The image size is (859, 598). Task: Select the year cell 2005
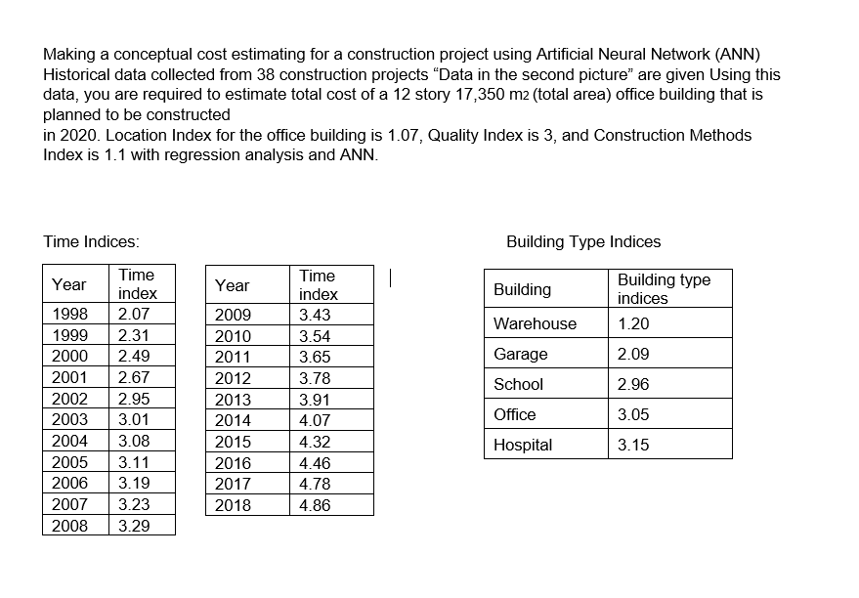68,462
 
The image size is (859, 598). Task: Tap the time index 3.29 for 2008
133,526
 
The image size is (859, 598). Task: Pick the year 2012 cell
233,378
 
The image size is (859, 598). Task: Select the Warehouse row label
535,323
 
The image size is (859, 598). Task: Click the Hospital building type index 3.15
633,445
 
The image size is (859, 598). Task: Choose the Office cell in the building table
515,414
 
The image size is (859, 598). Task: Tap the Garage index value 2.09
633,354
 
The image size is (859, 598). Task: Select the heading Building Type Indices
583,241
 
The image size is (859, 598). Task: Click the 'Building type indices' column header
664,289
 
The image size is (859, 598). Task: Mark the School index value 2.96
633,384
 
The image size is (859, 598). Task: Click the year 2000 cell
68,357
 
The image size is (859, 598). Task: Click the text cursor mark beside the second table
390,278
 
